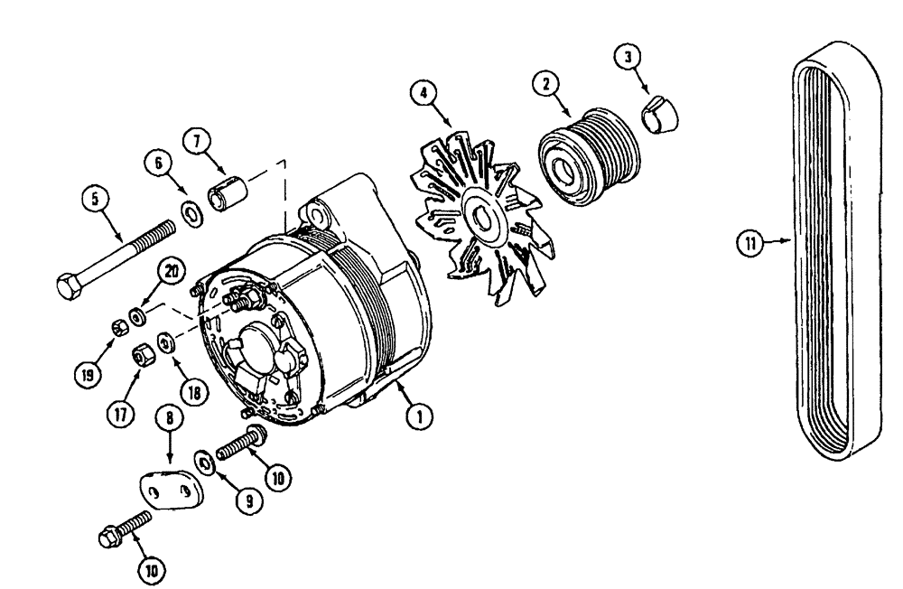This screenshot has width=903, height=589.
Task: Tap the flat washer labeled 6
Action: point(191,213)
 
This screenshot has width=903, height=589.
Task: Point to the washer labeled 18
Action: point(166,342)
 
